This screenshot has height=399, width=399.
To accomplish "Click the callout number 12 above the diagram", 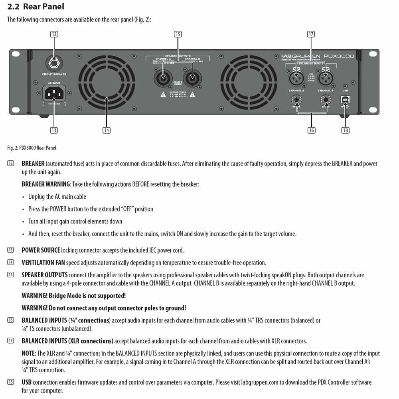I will click(54, 34).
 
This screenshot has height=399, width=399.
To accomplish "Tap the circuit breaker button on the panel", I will click(53, 63).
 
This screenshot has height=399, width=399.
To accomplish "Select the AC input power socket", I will click(54, 94).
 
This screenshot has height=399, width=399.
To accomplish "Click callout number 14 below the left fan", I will click(106, 130).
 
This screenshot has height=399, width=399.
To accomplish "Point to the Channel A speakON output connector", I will click(163, 77).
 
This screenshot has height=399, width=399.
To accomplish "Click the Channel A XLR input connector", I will click(296, 76).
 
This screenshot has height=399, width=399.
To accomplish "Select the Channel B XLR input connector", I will click(326, 76).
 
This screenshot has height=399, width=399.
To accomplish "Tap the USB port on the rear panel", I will click(345, 100).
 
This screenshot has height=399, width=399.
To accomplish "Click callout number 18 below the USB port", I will click(345, 130).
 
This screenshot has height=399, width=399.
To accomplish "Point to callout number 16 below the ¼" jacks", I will click(311, 130).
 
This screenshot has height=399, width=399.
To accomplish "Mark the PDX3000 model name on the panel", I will click(339, 56).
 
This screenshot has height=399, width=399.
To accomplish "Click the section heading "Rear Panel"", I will click(43, 7).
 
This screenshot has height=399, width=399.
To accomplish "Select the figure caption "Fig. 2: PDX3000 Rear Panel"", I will click(32, 148).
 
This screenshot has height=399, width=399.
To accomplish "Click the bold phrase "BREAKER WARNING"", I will click(46, 184).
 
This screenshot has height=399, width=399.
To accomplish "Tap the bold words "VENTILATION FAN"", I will click(43, 263).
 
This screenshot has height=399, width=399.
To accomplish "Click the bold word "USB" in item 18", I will click(27, 382).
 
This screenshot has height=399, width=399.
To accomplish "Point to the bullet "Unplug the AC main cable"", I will click(57, 197).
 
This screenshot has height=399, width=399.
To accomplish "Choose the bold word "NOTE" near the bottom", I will click(28, 354).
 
